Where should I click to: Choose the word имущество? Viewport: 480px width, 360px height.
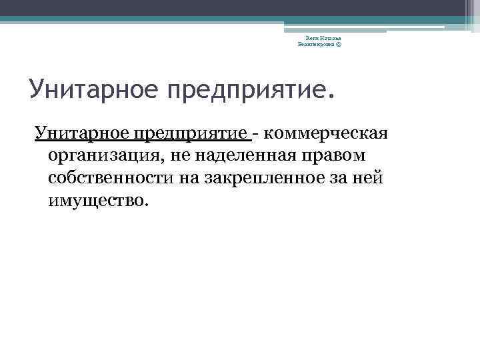point(92,200)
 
